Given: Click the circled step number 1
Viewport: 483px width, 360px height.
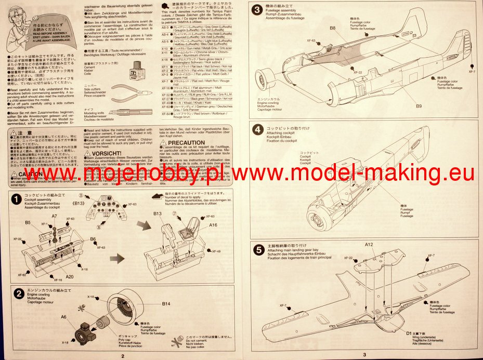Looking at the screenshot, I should coord(17,199).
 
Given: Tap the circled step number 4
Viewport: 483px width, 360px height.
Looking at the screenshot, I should coord(257,130).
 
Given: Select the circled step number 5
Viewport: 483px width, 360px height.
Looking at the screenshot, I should coord(257,249).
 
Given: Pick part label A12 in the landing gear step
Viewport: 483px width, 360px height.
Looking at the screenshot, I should coord(369,244).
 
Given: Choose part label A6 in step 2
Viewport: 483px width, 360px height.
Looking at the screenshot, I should coord(63,316).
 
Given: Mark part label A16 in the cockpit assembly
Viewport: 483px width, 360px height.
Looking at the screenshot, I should coord(213,225).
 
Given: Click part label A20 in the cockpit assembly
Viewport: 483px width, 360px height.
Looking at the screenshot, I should coord(70,277).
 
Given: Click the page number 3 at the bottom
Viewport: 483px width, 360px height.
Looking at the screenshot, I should coord(364,355).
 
